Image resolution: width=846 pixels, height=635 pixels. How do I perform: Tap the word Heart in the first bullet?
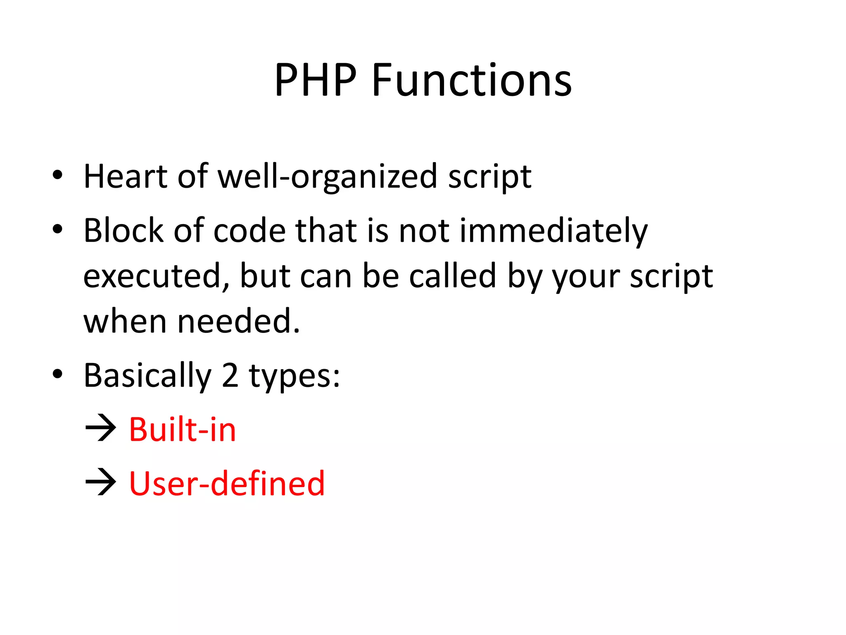125,177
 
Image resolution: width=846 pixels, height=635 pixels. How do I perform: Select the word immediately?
553,231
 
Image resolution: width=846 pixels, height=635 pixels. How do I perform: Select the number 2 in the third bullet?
230,375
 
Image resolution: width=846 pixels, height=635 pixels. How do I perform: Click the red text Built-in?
182,430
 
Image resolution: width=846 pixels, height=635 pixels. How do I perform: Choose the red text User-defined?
227,483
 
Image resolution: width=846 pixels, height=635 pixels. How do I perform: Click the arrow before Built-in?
100,429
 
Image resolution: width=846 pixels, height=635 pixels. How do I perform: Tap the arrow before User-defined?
100,482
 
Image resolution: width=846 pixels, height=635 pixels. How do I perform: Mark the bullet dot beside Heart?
57,175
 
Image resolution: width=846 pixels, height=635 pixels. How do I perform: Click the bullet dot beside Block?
57,229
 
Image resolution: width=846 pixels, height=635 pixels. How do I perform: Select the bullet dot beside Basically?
57,374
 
